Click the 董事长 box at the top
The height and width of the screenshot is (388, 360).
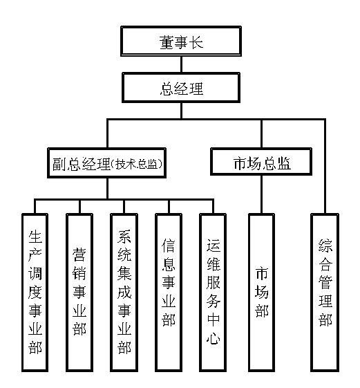181,41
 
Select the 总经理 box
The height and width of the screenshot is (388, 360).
181,88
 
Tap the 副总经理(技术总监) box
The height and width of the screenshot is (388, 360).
107,163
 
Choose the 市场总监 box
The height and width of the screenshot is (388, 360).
261,162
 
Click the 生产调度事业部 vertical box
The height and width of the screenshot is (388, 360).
35,293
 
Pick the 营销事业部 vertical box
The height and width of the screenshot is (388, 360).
79,293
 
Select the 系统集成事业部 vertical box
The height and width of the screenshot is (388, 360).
124,293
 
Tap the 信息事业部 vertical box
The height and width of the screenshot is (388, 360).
169,293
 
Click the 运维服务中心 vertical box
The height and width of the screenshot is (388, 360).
213,293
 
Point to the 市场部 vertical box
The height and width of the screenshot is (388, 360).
262,293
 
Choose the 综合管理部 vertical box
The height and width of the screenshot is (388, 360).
325,293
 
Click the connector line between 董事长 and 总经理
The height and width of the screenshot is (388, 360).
182,64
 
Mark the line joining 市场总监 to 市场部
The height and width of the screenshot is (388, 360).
262,194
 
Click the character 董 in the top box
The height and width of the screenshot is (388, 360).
167,42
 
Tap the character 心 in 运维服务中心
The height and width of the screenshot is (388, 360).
213,338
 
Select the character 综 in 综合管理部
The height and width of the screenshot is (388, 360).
325,246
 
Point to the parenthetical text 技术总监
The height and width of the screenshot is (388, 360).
136,163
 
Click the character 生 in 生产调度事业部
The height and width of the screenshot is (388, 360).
35,237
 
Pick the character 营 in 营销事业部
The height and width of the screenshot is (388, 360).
79,255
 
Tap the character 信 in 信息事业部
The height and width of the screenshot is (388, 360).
169,246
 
